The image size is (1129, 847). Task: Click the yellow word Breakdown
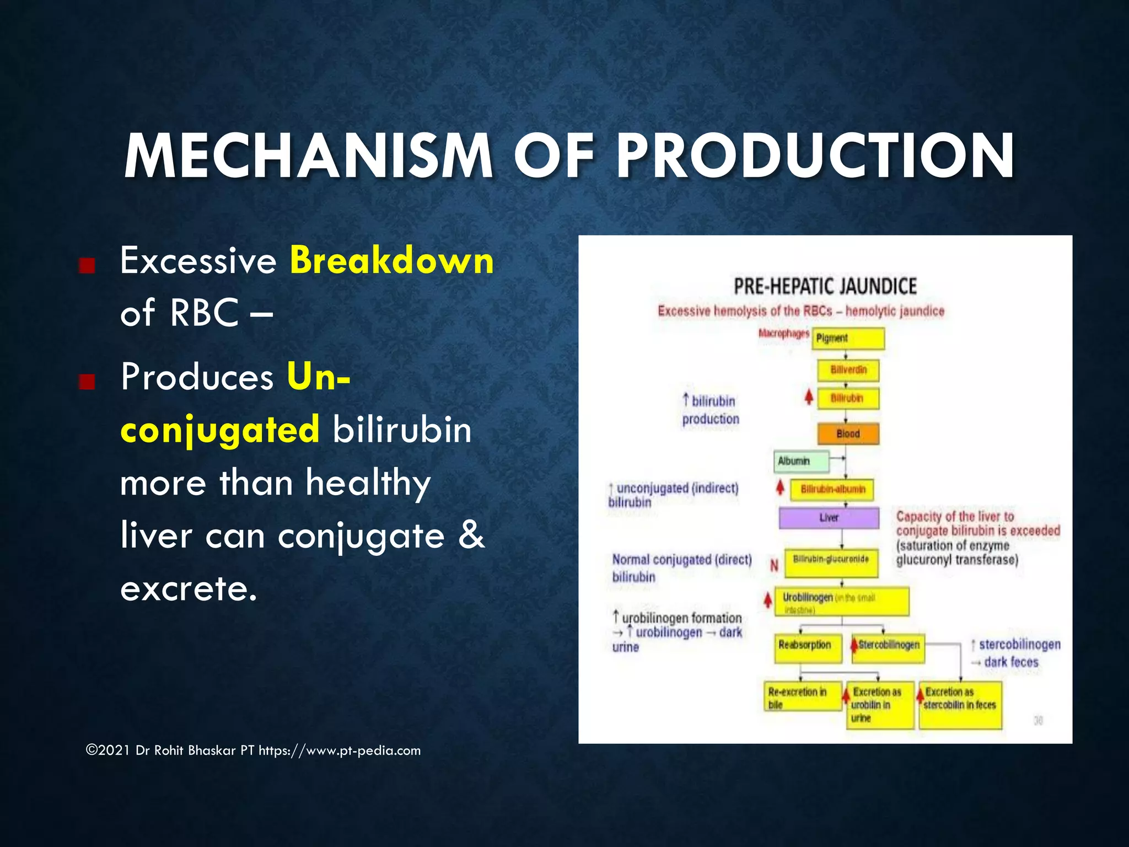[x=391, y=260]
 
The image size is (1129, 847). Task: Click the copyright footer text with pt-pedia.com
[x=253, y=750]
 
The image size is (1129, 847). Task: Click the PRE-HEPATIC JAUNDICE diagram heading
[x=825, y=287]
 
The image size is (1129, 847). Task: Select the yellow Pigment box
[x=848, y=339]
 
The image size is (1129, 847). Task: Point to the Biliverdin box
[x=848, y=370]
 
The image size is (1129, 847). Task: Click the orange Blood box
[x=848, y=434]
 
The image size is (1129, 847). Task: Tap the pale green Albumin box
[x=800, y=462]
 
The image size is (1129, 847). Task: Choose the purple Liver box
[x=829, y=518]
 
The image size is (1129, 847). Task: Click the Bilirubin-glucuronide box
[x=831, y=563]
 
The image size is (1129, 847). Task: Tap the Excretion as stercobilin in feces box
[x=960, y=705]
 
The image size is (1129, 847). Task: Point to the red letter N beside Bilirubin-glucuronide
[x=774, y=565]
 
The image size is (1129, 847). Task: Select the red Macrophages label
[x=783, y=334]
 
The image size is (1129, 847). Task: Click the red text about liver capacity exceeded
[x=977, y=524]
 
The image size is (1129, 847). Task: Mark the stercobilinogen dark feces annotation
[x=1015, y=653]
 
